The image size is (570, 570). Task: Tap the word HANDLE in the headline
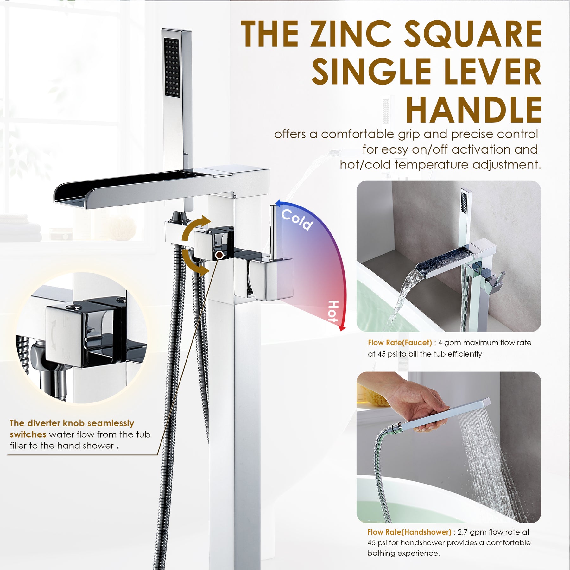pyautogui.click(x=474, y=110)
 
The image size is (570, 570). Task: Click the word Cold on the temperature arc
pyautogui.click(x=297, y=219)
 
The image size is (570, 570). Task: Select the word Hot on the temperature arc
pyautogui.click(x=333, y=311)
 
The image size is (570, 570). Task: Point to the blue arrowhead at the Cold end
pyautogui.click(x=279, y=203)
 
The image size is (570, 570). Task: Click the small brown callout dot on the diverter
pyautogui.click(x=219, y=255)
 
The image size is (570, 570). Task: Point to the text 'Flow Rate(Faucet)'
pyautogui.click(x=400, y=342)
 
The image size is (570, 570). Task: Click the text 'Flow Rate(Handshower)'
pyautogui.click(x=409, y=532)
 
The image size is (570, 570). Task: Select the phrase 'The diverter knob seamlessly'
pyautogui.click(x=72, y=423)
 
